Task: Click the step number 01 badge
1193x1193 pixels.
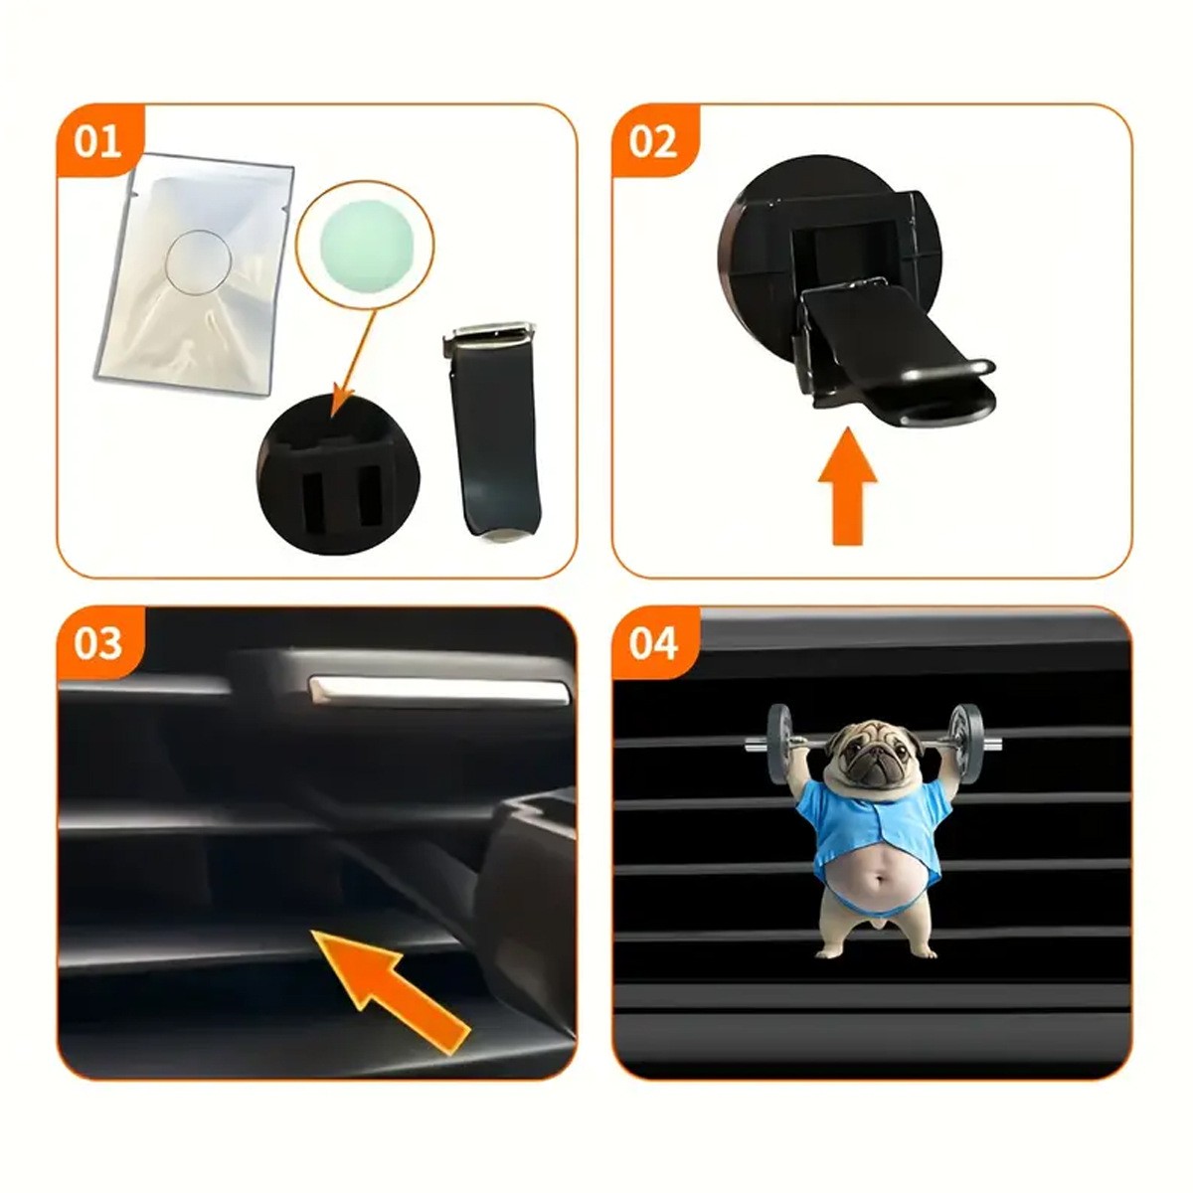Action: click(97, 141)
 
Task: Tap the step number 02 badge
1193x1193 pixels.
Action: click(652, 141)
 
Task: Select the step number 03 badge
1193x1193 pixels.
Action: click(97, 643)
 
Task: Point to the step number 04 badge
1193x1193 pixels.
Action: click(652, 643)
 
